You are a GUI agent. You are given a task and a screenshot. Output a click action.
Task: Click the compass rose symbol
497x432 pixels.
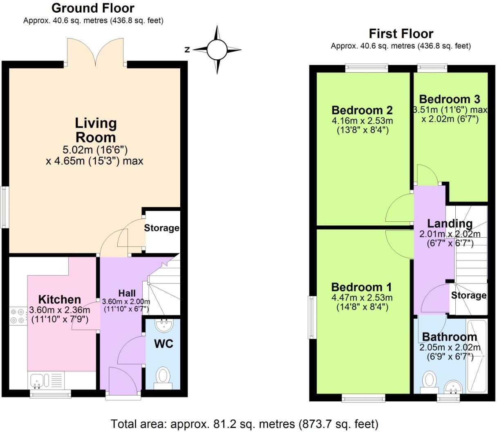[x=217, y=50]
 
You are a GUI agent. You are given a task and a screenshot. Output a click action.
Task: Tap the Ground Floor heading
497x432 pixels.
[x=93, y=8]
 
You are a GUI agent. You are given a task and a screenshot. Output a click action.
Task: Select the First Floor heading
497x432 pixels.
[x=401, y=33]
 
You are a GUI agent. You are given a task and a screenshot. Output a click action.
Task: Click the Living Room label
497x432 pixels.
[x=96, y=130]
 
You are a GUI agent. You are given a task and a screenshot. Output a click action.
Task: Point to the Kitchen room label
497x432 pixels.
[x=59, y=299]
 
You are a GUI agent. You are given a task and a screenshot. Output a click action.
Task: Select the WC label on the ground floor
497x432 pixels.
[x=163, y=343]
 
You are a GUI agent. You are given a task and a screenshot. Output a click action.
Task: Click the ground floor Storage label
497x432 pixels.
[x=161, y=228]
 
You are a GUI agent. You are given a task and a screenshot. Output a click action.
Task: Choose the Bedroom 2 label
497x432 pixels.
[x=362, y=110]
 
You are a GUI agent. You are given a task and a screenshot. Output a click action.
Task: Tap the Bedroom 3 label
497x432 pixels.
[x=449, y=99]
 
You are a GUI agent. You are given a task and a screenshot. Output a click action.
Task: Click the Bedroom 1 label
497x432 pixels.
[x=361, y=287]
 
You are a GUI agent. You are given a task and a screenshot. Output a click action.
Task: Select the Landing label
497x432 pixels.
[x=450, y=224]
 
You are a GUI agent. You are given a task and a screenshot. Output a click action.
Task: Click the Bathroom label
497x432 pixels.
[x=449, y=337]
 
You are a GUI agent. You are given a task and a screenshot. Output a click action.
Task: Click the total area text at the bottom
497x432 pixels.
[x=244, y=423]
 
